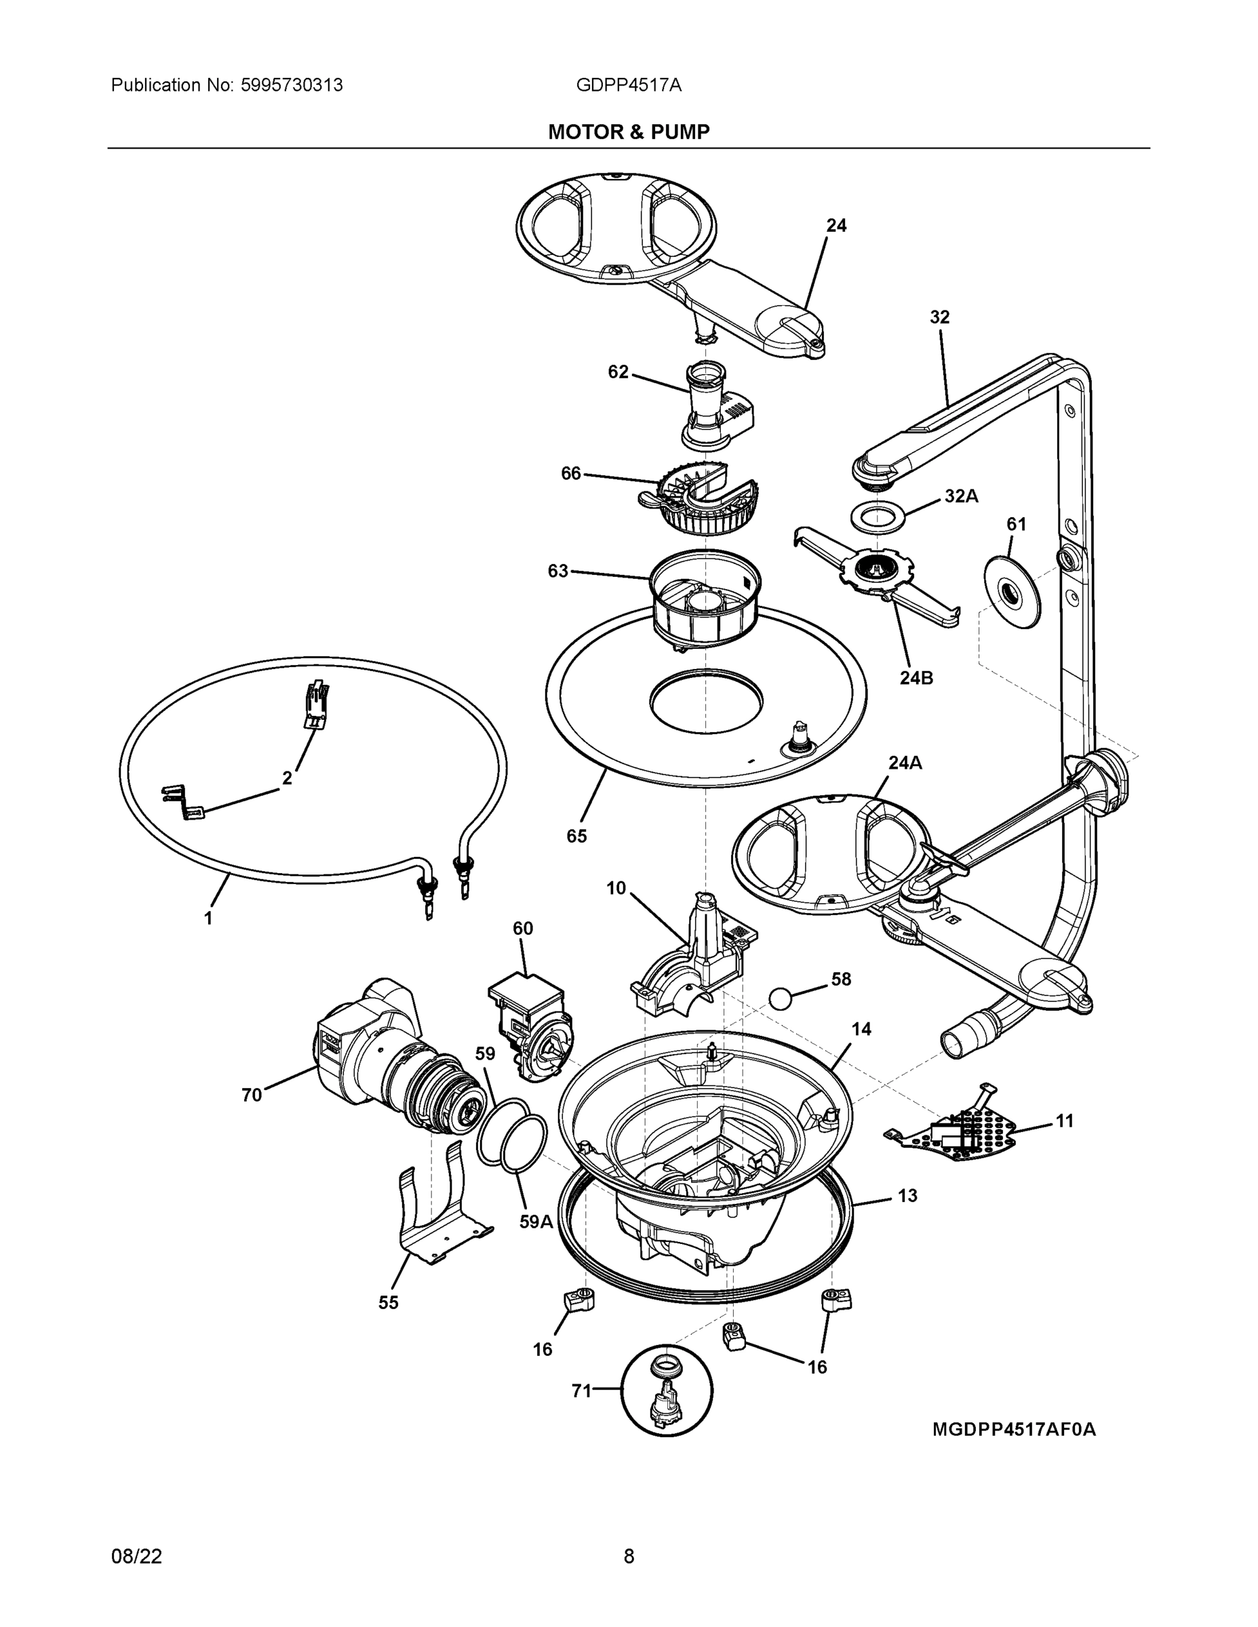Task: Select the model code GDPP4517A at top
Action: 628,85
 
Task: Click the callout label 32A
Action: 961,496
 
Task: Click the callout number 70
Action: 252,1095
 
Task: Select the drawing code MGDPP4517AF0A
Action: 1014,1430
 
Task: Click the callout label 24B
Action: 916,678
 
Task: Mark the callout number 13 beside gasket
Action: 907,1196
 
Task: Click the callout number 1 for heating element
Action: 209,919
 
